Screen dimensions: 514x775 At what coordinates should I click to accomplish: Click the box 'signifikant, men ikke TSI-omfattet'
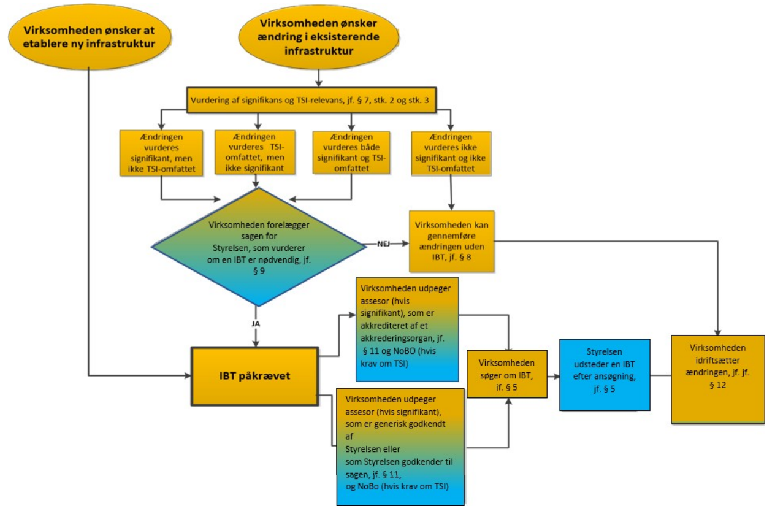(x=161, y=152)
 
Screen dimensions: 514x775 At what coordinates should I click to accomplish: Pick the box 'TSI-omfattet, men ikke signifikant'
(x=255, y=151)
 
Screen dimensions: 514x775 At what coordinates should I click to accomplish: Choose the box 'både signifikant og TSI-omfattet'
(x=351, y=151)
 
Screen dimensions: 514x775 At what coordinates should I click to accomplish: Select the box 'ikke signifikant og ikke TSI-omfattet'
(x=451, y=151)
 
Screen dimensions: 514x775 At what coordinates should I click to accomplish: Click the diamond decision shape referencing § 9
(x=258, y=245)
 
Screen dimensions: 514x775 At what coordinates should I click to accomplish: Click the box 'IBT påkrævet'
(x=254, y=375)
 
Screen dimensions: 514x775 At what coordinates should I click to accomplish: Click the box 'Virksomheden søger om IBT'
(x=506, y=374)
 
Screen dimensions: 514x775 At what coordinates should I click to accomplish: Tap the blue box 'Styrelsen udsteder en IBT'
(x=604, y=374)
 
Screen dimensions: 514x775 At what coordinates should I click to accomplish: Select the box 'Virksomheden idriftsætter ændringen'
(x=717, y=378)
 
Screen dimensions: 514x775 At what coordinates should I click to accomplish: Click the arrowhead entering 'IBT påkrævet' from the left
(x=188, y=375)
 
